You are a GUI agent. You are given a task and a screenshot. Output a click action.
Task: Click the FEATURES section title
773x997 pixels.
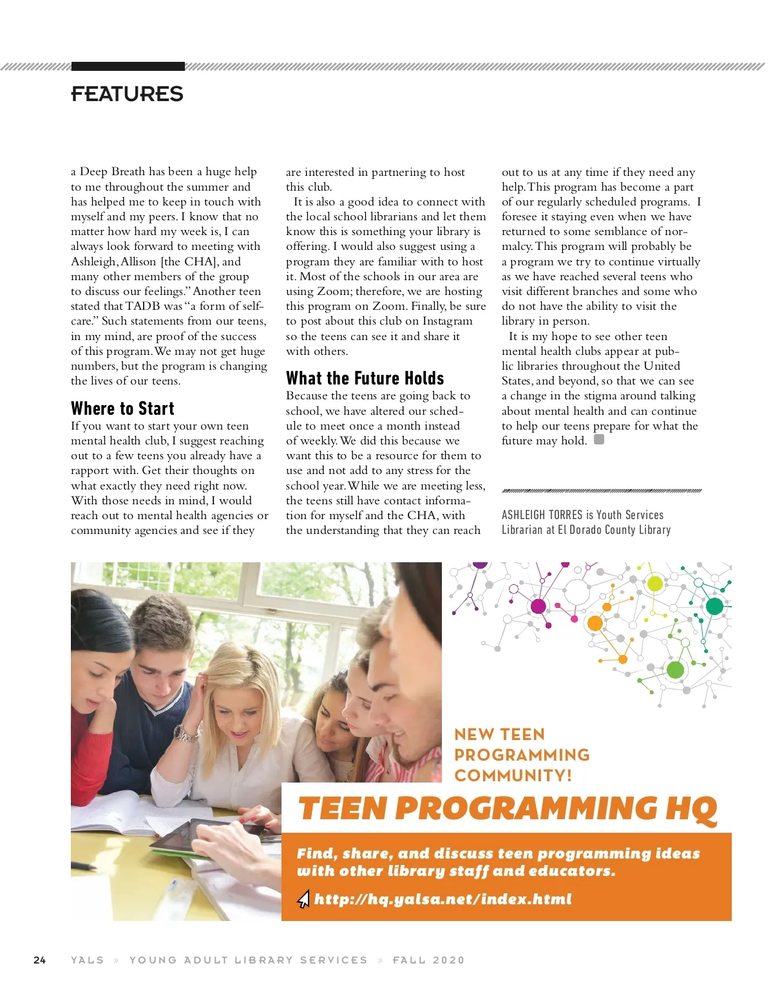pos(127,94)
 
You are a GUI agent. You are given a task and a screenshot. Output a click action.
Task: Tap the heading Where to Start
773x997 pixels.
pos(122,408)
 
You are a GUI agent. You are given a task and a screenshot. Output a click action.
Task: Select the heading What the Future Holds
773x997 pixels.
pos(365,378)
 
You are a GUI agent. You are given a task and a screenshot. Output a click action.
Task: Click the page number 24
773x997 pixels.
pos(39,960)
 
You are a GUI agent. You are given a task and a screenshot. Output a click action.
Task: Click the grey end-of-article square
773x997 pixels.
pos(599,440)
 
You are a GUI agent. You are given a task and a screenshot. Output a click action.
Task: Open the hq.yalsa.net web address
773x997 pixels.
pos(443,899)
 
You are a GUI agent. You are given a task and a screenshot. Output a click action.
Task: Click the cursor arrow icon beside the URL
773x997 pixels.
pos(303,899)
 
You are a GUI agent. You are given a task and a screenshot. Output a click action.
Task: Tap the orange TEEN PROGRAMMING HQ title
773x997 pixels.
pos(507,808)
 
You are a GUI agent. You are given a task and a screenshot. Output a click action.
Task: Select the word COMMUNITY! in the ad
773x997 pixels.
pos(513,775)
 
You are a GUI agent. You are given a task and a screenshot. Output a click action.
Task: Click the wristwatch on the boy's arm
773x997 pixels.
pos(186,733)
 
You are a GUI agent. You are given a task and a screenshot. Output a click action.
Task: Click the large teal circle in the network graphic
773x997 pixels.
pos(714,606)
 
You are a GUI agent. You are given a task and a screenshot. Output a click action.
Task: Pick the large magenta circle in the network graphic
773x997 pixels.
pos(539,605)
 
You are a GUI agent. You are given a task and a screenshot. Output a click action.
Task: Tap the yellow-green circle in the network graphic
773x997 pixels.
pos(654,584)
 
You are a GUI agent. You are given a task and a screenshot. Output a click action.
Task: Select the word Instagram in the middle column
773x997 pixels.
pos(441,321)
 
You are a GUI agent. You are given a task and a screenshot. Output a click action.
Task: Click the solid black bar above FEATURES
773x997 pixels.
pos(128,66)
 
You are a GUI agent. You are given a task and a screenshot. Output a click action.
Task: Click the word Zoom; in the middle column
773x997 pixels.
pos(333,291)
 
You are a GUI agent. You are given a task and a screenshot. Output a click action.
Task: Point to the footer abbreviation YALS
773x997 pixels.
pos(88,960)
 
